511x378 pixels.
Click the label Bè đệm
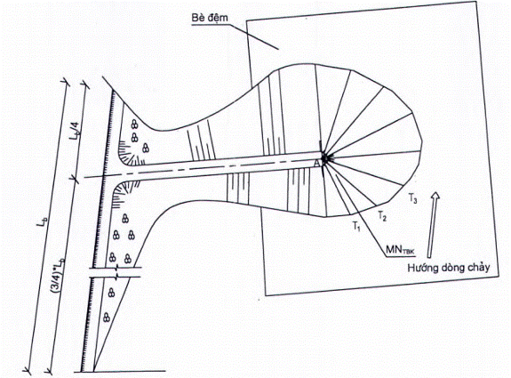click(x=210, y=18)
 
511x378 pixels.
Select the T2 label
click(x=382, y=216)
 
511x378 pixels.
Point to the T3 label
click(x=412, y=198)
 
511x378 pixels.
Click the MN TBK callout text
click(x=402, y=250)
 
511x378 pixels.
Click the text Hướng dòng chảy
click(x=449, y=268)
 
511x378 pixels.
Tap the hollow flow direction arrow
click(x=433, y=225)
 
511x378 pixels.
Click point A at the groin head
click(x=316, y=164)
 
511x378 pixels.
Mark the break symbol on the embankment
click(x=116, y=272)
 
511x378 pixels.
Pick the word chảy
click(x=478, y=268)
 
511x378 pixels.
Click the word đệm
click(x=218, y=18)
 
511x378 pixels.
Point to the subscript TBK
click(x=411, y=252)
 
